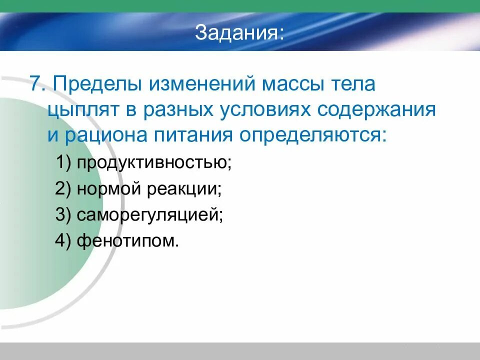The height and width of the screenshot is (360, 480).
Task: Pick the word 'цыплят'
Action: tap(83, 109)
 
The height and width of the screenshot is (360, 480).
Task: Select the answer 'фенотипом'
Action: tap(127, 241)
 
